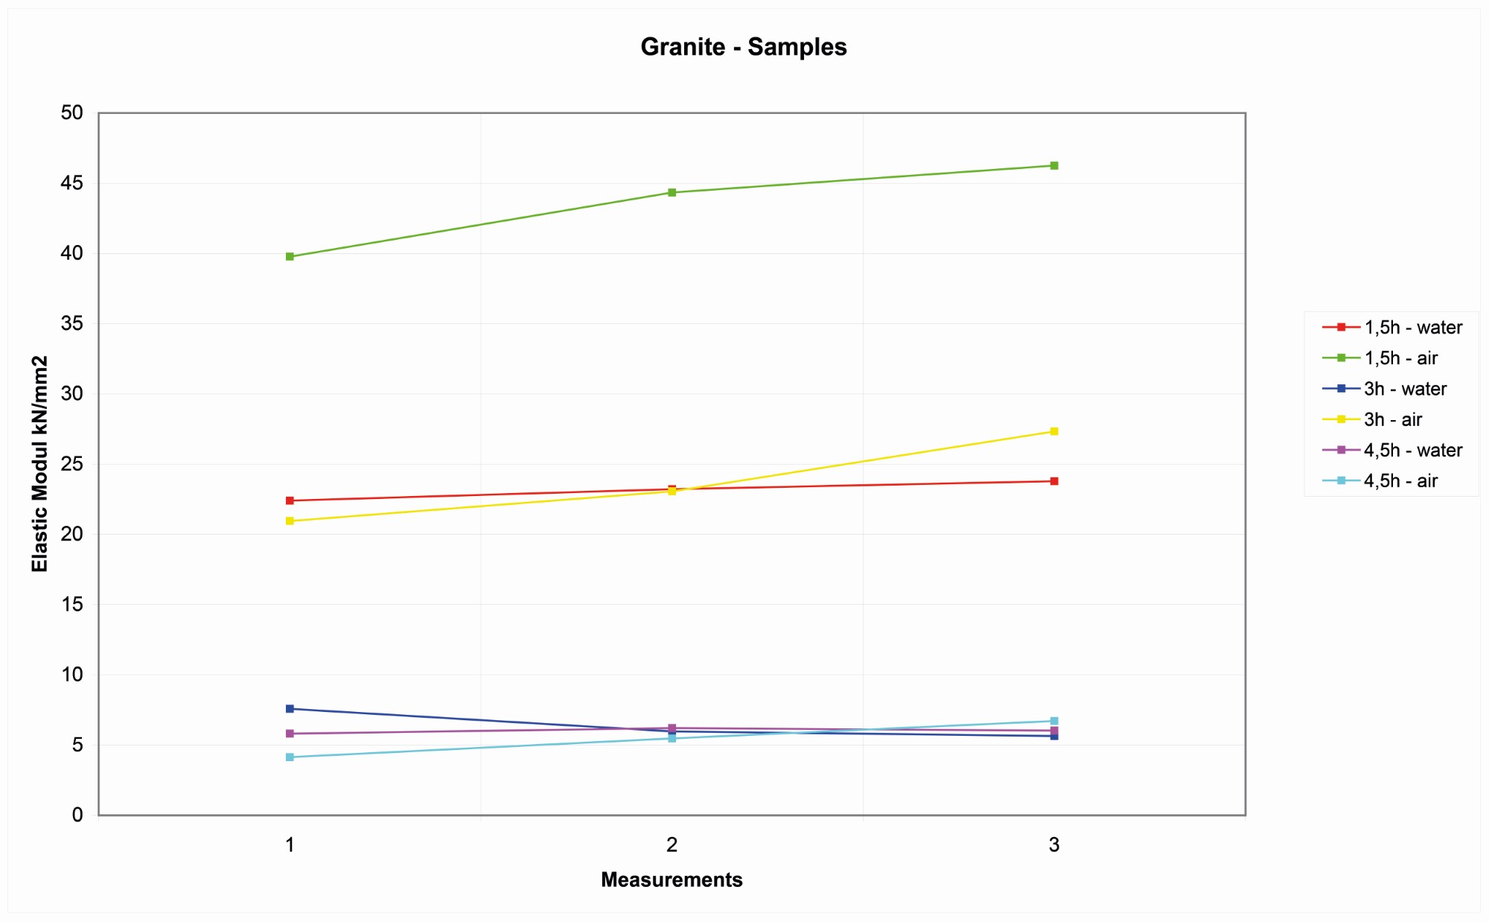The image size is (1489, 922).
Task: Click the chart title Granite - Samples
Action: click(x=743, y=47)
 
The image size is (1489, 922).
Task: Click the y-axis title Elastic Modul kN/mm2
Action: click(x=39, y=463)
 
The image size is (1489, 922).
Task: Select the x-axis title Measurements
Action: click(x=672, y=880)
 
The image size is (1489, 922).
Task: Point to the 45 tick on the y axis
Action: click(x=71, y=183)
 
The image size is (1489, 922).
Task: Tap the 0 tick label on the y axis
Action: click(x=77, y=815)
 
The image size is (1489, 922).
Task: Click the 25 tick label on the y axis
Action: click(x=71, y=464)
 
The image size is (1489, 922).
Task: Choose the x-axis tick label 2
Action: click(x=672, y=845)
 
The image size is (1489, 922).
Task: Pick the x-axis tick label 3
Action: click(x=1053, y=845)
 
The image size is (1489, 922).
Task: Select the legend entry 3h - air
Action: click(x=1392, y=420)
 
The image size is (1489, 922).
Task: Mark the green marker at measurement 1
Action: click(x=290, y=257)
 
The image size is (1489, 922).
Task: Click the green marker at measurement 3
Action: click(x=1054, y=166)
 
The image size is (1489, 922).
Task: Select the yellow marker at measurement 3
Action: click(x=1054, y=431)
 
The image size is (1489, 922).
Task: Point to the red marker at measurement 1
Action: click(x=290, y=500)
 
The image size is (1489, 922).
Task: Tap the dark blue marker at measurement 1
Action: click(x=290, y=709)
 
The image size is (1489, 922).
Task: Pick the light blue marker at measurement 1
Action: click(x=290, y=757)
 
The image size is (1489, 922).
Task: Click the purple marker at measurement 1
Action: click(x=290, y=734)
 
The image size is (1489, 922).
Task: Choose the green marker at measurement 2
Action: click(x=672, y=192)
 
